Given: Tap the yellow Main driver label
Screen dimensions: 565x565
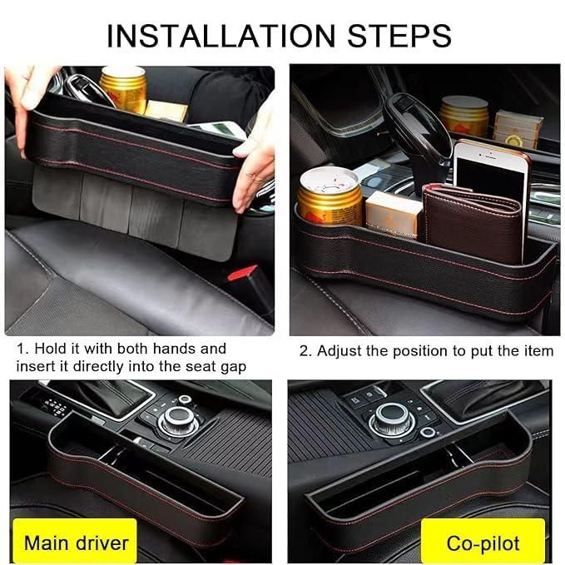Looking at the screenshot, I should [x=76, y=543].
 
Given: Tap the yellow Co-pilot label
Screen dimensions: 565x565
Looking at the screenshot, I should [x=483, y=543].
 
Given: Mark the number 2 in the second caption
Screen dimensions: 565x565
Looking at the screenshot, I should [x=304, y=351].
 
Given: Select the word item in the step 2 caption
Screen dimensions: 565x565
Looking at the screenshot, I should [x=537, y=351].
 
